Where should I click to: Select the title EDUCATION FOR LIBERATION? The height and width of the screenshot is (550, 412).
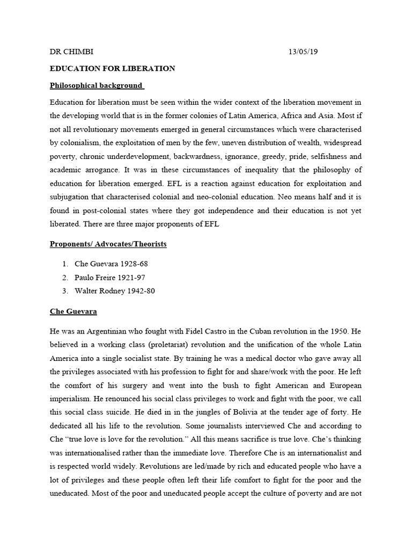pos(112,68)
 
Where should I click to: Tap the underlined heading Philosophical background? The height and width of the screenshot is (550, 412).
pos(97,85)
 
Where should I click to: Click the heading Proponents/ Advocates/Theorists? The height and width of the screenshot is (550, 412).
pos(108,244)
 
